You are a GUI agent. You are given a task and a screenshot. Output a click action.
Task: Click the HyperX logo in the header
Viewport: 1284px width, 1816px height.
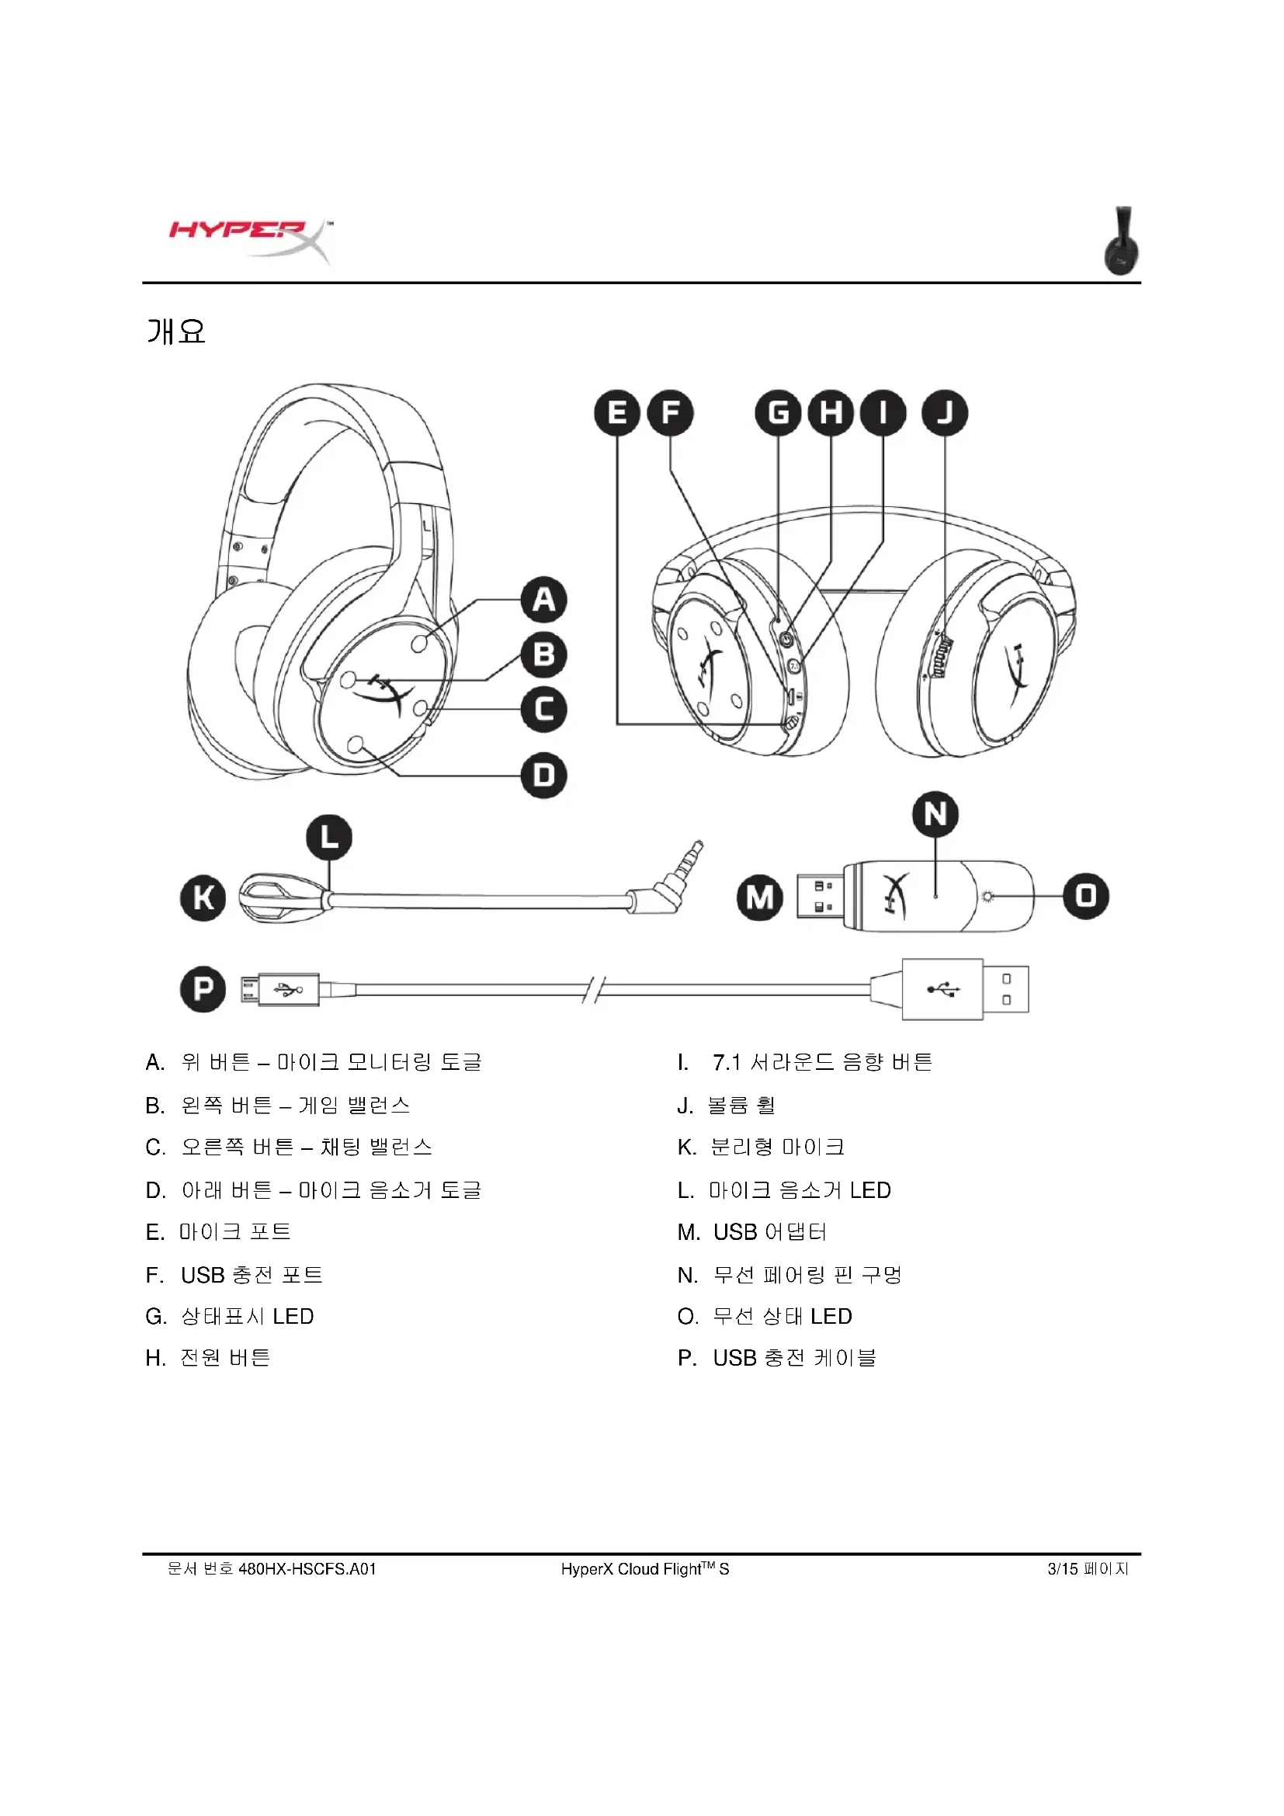pyautogui.click(x=250, y=240)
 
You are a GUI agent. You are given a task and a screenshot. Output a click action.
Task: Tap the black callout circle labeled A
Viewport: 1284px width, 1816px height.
pyautogui.click(x=544, y=599)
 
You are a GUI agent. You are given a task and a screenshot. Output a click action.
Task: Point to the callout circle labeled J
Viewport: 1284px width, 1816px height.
pyautogui.click(x=945, y=413)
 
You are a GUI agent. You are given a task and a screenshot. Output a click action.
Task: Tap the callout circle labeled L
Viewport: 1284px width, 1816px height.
pyautogui.click(x=329, y=838)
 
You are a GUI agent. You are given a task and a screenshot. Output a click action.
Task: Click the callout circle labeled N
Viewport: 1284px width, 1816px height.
pyautogui.click(x=935, y=814)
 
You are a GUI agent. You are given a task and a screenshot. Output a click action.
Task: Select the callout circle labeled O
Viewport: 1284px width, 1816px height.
pyautogui.click(x=1086, y=896)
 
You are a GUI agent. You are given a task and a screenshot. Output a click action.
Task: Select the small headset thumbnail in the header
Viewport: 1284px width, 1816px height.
pyautogui.click(x=1123, y=241)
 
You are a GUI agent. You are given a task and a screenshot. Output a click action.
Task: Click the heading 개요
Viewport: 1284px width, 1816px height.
pyautogui.click(x=176, y=332)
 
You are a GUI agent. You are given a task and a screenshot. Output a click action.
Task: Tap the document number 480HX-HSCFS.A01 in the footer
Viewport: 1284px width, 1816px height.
pyautogui.click(x=307, y=1569)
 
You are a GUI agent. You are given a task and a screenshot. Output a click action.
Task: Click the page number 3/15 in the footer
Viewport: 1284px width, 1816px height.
pyautogui.click(x=1063, y=1569)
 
